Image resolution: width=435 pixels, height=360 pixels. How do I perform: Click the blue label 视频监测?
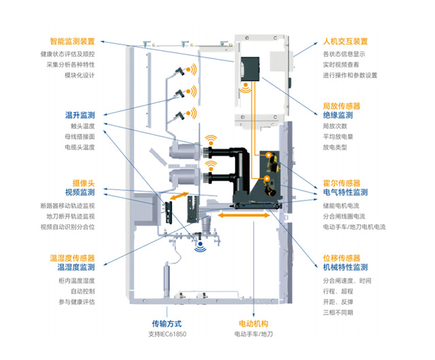pyautogui.click(x=80, y=192)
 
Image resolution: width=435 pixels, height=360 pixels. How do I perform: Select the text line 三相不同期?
pyautogui.click(x=338, y=312)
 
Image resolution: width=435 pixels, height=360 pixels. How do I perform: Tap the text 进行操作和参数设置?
pyautogui.click(x=349, y=75)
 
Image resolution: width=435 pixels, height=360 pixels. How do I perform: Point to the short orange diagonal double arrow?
pyautogui.click(x=178, y=196)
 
